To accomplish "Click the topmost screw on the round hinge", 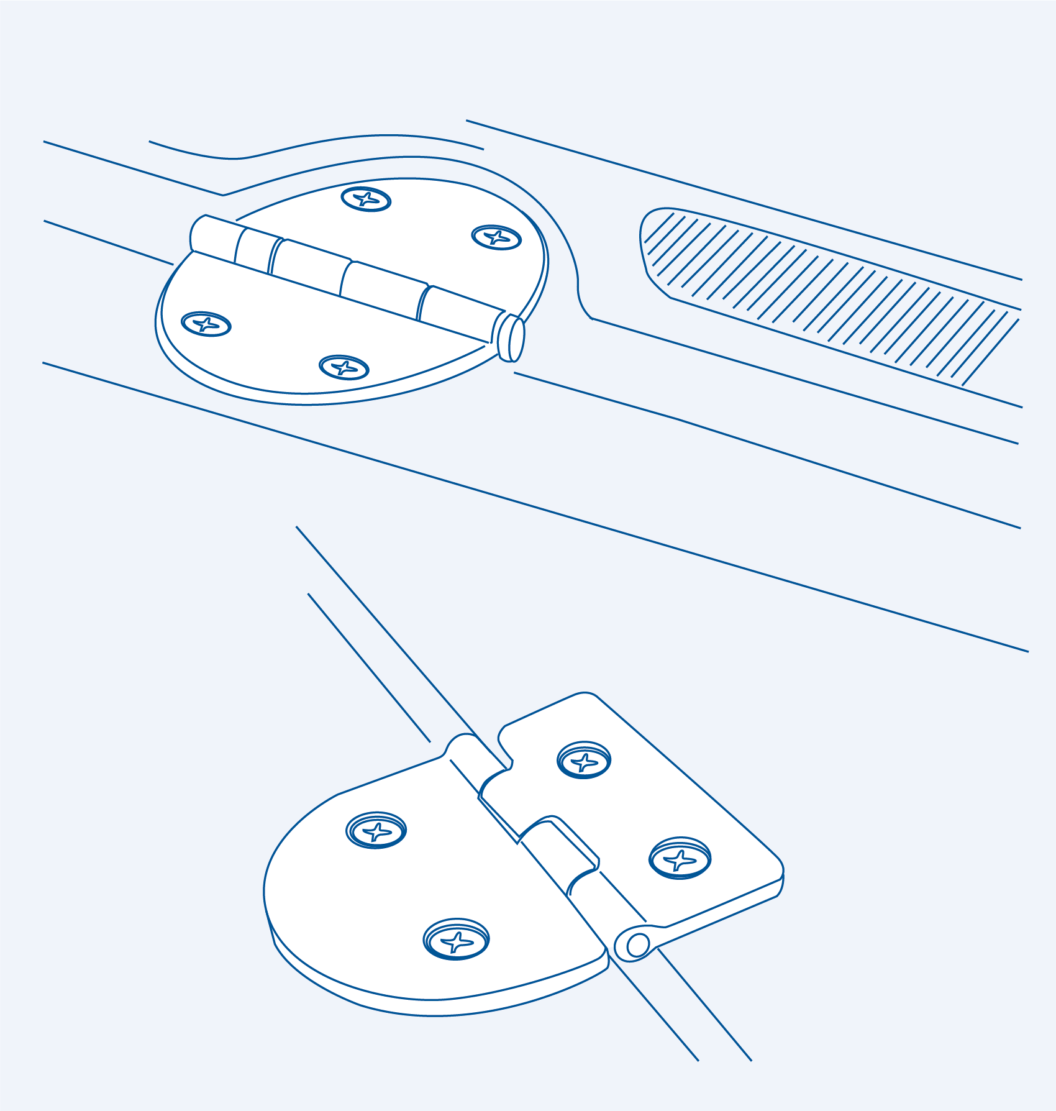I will coord(366,199).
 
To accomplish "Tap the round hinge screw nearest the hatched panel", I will coord(496,237).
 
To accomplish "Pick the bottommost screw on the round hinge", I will coord(344,367).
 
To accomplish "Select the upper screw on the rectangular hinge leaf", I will coord(584,759).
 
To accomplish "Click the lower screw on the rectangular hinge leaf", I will coord(680,858).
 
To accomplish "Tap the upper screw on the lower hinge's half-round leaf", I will coord(376,830).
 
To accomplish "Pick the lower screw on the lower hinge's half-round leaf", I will coord(457,939).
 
